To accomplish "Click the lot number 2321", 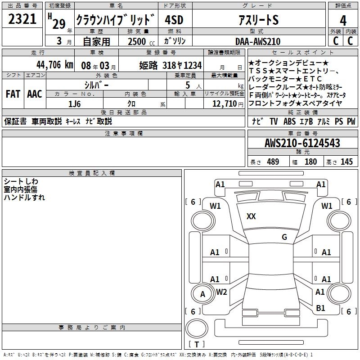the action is click(x=22, y=19).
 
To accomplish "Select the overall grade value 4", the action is click(x=343, y=20).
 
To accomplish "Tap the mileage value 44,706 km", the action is click(x=55, y=65).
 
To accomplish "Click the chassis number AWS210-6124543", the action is click(x=302, y=143).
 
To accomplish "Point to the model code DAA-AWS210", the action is click(x=258, y=41).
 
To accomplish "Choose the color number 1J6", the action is click(x=74, y=104).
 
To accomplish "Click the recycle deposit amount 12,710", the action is click(x=224, y=104).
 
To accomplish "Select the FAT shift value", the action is click(x=13, y=94).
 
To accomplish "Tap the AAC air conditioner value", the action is click(x=35, y=94).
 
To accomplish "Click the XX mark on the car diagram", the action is click(x=251, y=216).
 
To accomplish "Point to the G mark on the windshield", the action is click(x=284, y=237).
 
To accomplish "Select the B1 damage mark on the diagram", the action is click(x=320, y=308).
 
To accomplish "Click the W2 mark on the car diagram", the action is click(x=221, y=292).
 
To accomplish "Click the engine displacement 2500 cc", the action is click(x=141, y=41).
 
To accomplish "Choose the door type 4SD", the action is click(x=174, y=20).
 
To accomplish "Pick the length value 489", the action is click(x=273, y=162).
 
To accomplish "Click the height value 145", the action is click(x=346, y=162).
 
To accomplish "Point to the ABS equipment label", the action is click(x=289, y=121).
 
